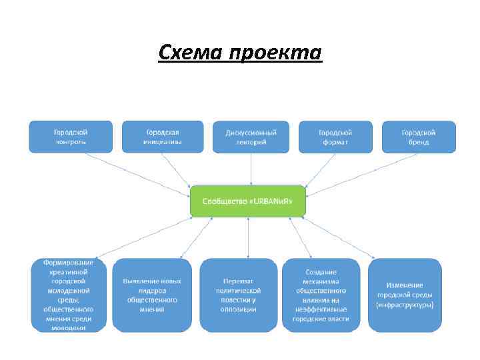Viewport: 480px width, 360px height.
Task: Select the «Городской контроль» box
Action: click(71, 137)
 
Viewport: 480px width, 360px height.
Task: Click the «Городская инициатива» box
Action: click(163, 137)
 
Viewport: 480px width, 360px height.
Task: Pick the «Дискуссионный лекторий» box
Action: click(251, 137)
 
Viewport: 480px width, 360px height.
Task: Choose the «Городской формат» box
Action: click(335, 137)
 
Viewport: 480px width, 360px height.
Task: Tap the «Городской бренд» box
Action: click(419, 137)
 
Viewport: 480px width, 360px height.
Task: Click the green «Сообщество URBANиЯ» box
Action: click(248, 200)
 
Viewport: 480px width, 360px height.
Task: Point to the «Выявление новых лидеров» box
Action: click(151, 295)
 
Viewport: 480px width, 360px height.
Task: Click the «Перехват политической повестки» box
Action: click(238, 295)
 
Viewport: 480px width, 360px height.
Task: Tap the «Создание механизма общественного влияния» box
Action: click(321, 295)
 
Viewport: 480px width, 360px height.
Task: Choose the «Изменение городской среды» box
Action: click(405, 295)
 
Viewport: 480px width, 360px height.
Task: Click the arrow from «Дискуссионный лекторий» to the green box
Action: click(251, 169)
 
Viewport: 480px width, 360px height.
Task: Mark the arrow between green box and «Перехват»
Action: click(248, 237)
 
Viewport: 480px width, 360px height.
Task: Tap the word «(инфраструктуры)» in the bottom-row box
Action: click(405, 305)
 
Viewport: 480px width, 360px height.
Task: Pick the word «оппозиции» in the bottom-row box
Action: click(238, 309)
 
